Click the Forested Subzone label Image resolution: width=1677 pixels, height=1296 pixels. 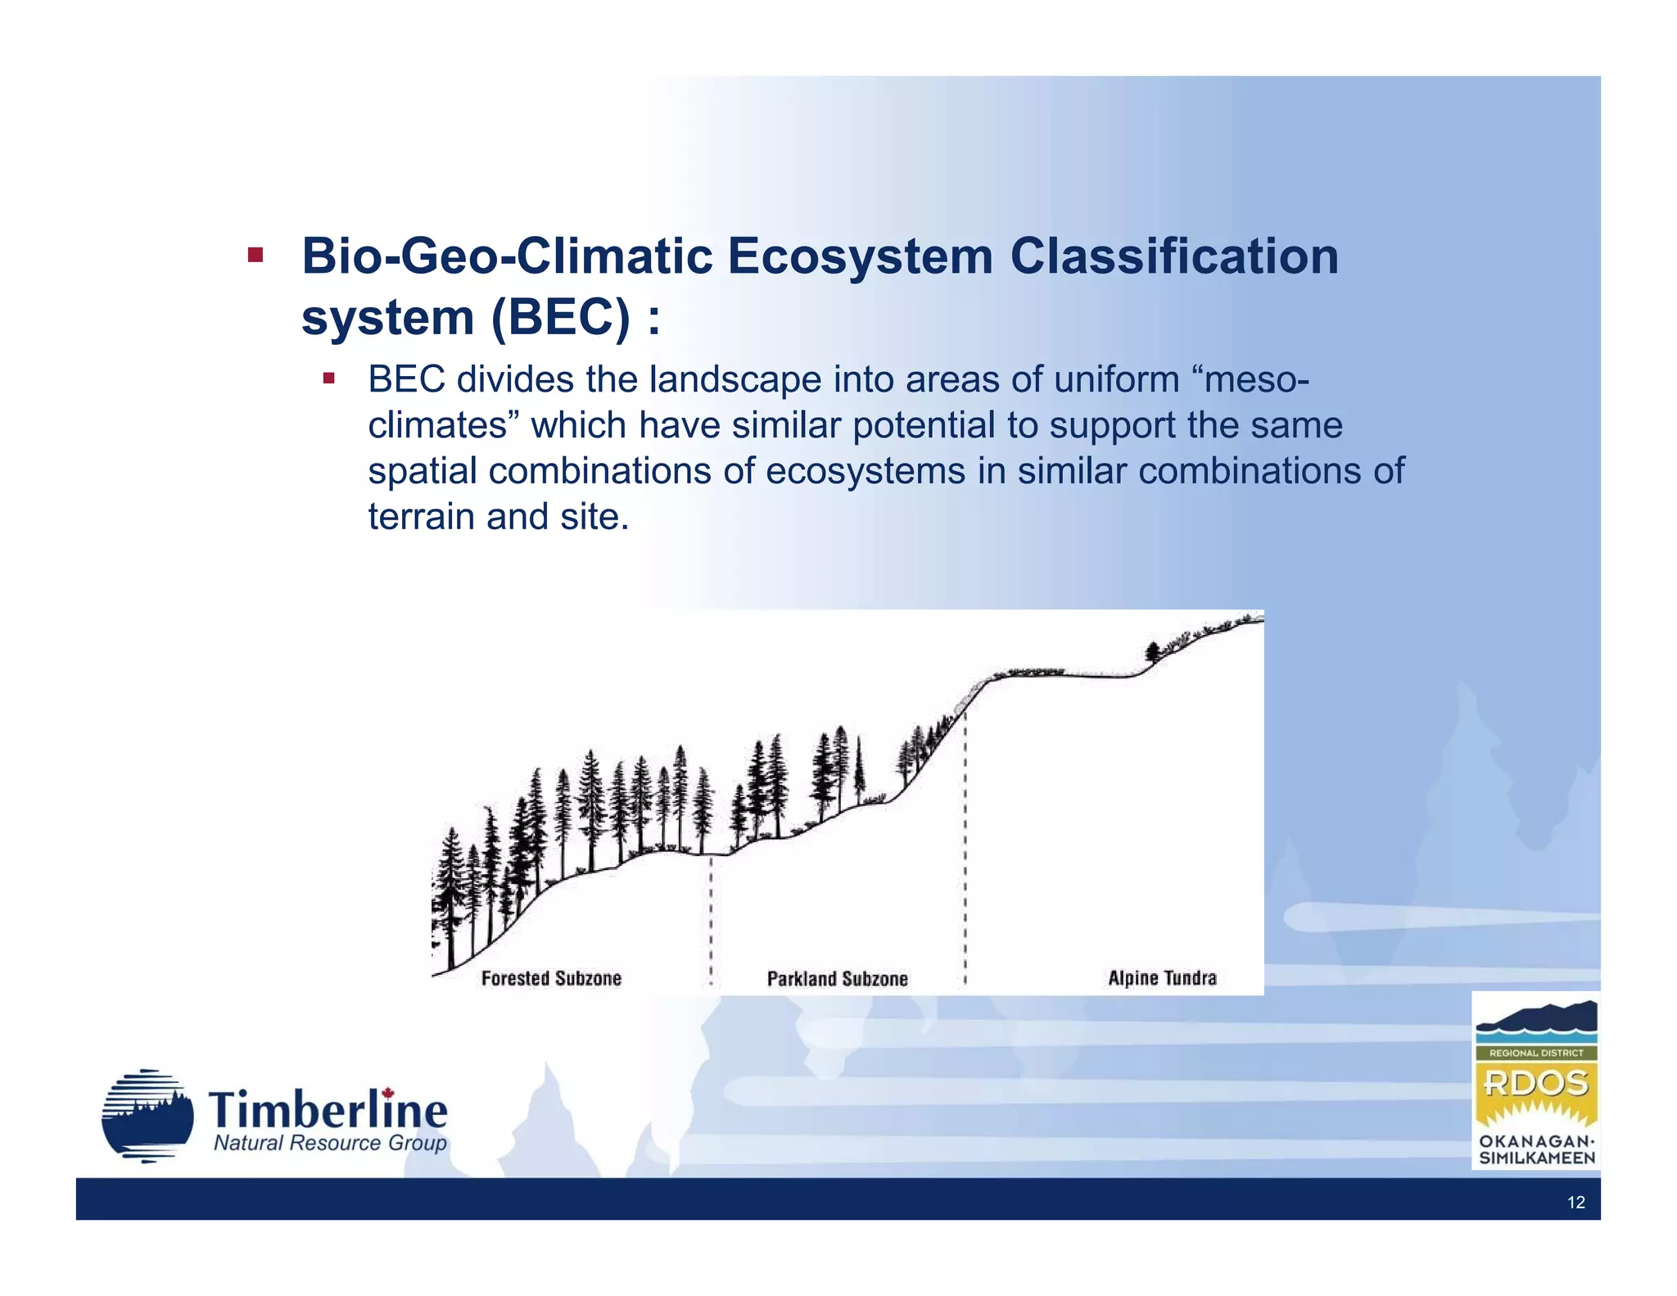click(x=551, y=977)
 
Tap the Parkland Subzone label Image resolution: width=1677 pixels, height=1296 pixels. click(x=837, y=978)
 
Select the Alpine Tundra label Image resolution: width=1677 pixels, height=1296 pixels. click(x=1161, y=977)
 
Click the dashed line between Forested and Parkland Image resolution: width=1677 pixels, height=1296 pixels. click(x=711, y=918)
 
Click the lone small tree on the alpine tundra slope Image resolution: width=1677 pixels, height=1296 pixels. click(x=1153, y=651)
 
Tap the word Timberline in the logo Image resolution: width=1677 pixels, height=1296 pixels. click(x=328, y=1111)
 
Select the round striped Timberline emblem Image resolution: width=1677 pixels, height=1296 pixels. click(x=147, y=1115)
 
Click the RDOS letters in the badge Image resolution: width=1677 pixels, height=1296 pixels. click(x=1535, y=1084)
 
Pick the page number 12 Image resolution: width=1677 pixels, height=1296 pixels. click(x=1575, y=1202)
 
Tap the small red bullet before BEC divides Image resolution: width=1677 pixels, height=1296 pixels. click(x=328, y=378)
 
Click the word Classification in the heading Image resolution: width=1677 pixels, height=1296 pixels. click(x=1173, y=256)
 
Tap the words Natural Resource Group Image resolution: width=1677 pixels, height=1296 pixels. click(x=330, y=1143)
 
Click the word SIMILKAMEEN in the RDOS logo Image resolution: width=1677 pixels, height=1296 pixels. click(x=1536, y=1158)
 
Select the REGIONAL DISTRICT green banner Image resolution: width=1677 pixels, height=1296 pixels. click(x=1535, y=1053)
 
